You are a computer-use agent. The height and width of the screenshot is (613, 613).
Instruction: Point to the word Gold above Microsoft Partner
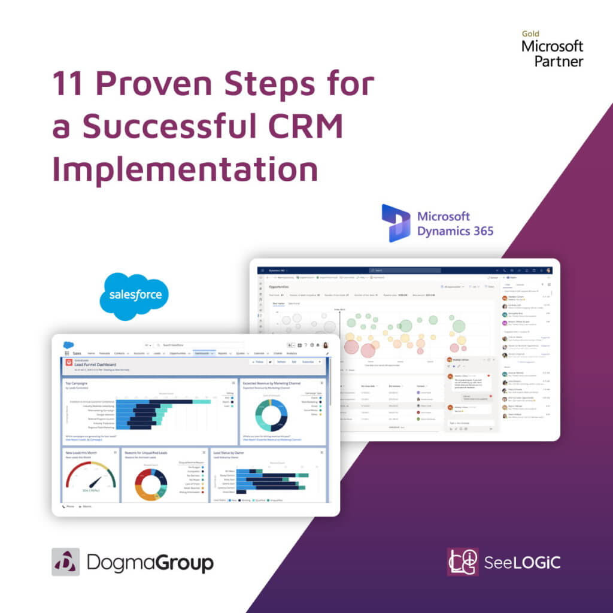click(x=530, y=35)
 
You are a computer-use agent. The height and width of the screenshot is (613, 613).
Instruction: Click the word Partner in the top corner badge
click(x=559, y=61)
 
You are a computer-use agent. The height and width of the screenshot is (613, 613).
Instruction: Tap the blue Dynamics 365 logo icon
click(x=395, y=223)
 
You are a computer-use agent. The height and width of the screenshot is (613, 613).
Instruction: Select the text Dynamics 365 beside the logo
click(x=455, y=230)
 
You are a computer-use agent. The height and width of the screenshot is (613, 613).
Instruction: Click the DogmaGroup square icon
click(x=65, y=562)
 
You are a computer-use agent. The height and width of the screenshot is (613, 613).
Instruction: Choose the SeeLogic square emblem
click(x=462, y=562)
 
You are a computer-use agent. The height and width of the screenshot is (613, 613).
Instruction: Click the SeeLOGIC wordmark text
click(x=522, y=563)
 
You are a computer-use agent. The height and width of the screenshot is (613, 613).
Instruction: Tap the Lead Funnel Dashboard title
click(x=95, y=364)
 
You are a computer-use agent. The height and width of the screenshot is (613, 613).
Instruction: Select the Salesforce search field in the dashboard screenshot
click(x=198, y=345)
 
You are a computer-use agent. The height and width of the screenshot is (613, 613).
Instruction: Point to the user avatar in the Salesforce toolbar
click(x=326, y=345)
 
